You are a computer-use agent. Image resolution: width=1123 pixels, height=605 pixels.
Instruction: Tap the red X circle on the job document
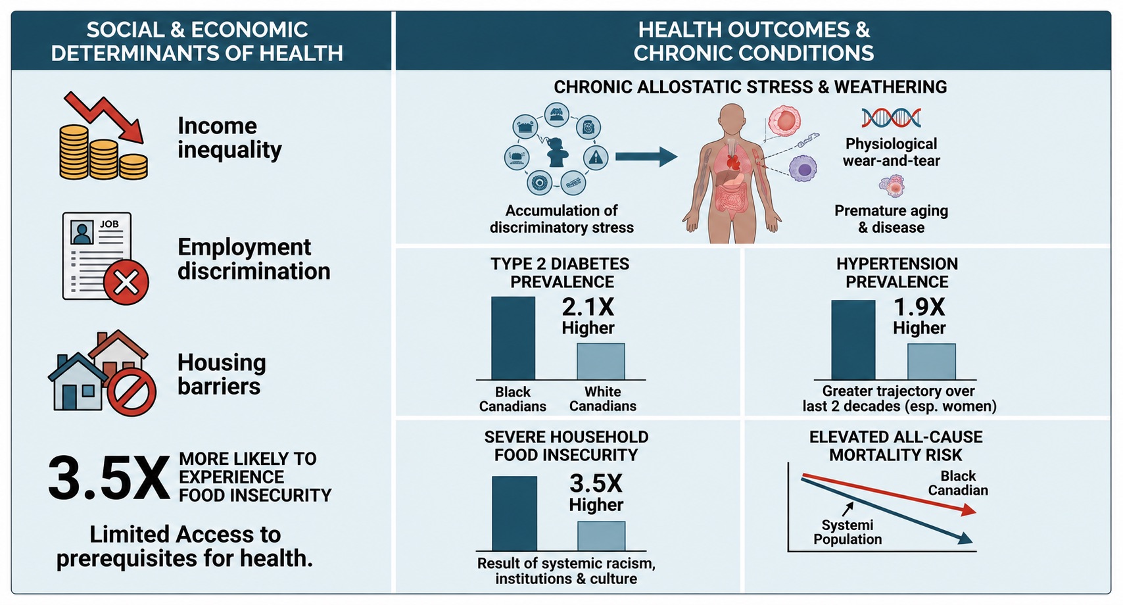point(126,282)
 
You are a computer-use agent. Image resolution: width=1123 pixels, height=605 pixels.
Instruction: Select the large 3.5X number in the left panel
point(108,478)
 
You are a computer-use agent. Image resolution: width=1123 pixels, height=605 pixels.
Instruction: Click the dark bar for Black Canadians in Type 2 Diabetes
point(513,338)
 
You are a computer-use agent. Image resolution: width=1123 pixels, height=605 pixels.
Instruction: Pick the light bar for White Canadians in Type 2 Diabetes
point(600,362)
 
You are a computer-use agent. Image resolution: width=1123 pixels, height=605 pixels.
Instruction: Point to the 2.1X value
point(588,306)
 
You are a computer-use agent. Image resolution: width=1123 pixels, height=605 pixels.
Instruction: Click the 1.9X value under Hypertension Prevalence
point(919,307)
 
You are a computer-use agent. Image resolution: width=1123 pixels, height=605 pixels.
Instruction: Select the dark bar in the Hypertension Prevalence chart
point(853,340)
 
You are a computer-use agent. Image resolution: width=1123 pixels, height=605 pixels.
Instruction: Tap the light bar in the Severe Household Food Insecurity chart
point(601,536)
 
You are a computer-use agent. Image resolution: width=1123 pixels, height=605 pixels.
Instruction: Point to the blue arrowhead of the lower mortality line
point(966,539)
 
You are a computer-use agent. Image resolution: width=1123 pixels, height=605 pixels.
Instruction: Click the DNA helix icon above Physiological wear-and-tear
point(892,118)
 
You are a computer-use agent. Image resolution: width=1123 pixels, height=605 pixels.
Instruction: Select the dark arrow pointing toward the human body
point(646,157)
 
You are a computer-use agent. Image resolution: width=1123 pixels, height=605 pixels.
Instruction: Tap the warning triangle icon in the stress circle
point(596,157)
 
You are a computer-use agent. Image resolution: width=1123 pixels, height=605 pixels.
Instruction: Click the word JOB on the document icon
point(109,224)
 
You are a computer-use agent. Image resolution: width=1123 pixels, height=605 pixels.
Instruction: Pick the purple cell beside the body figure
point(803,168)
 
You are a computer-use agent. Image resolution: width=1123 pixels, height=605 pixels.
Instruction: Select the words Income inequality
point(229,137)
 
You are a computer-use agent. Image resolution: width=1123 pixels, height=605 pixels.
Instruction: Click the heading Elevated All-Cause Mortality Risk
point(896,446)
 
